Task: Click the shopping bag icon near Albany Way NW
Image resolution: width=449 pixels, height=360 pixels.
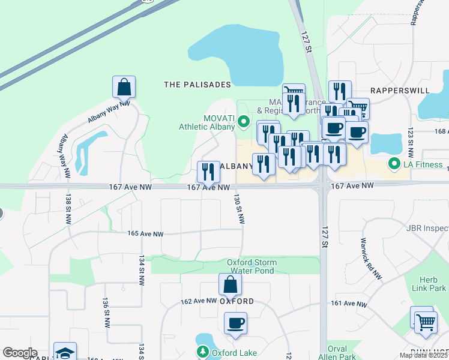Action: (124, 87)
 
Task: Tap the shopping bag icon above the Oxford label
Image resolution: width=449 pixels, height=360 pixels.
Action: (230, 284)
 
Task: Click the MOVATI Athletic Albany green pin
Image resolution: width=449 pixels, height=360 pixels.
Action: (243, 122)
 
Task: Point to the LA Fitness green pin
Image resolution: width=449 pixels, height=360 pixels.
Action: (394, 163)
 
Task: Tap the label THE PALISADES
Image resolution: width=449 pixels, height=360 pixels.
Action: (197, 85)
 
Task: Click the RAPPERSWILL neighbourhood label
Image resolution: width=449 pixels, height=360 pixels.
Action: (399, 90)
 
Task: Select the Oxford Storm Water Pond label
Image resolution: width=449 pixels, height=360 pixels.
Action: (252, 266)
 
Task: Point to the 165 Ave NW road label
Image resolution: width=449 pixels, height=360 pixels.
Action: (145, 233)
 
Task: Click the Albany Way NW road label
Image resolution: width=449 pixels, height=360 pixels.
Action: (109, 112)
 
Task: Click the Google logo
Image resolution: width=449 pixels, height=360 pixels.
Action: (20, 353)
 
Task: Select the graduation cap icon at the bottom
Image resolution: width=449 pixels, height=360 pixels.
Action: (65, 353)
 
